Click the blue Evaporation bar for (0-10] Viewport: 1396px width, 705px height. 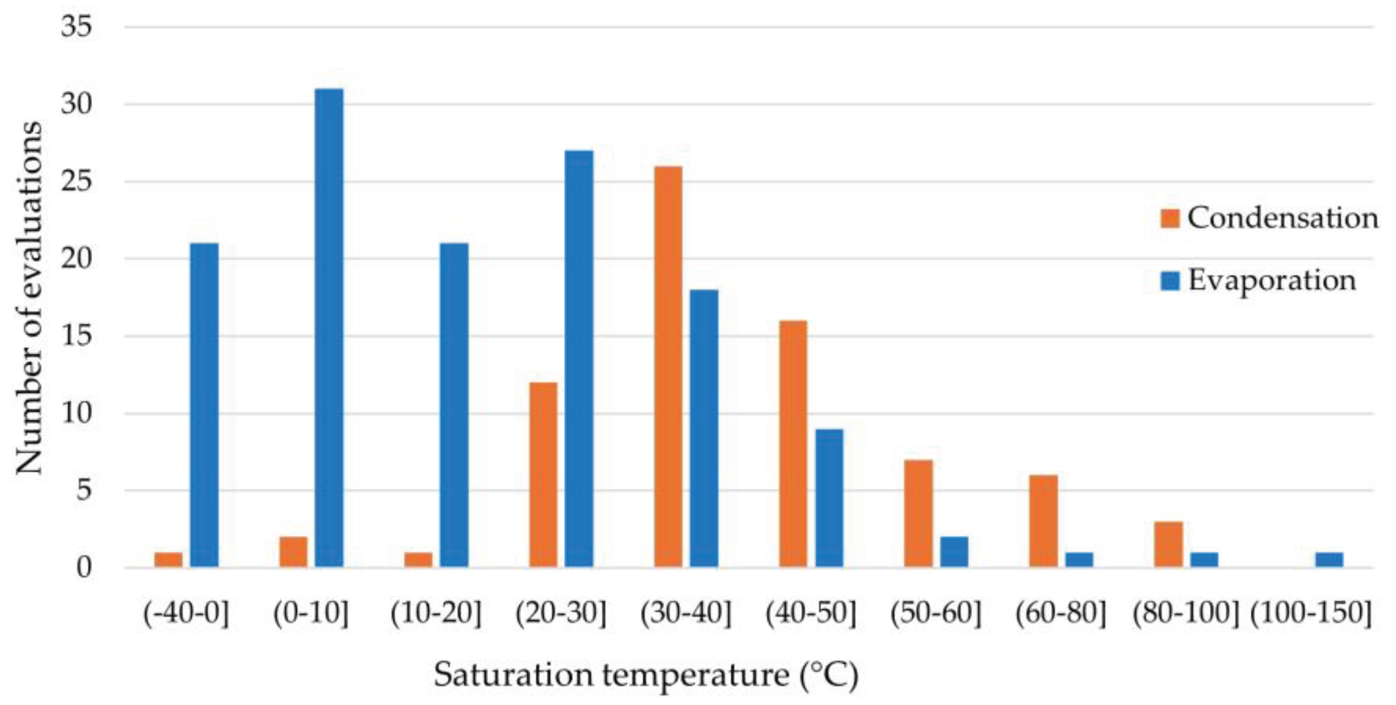click(x=329, y=328)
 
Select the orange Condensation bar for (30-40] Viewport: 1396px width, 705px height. click(x=668, y=367)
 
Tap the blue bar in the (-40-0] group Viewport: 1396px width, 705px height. click(x=204, y=405)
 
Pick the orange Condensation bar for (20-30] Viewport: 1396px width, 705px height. click(x=543, y=475)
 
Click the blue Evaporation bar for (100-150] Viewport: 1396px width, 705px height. click(x=1329, y=560)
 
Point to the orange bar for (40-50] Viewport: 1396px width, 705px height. click(x=793, y=444)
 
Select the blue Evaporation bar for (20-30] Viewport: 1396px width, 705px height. click(x=579, y=359)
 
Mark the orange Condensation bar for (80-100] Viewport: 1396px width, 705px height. click(x=1168, y=545)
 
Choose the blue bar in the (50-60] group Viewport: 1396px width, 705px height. click(x=954, y=552)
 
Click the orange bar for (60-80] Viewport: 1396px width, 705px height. click(x=1043, y=521)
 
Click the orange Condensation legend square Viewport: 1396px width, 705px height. click(x=1170, y=218)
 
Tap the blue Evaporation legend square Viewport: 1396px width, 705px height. click(x=1170, y=281)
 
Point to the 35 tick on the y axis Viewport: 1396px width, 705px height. click(x=76, y=26)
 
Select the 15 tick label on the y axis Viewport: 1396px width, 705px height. click(x=76, y=336)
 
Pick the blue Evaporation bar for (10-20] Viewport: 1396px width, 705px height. click(x=453, y=405)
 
